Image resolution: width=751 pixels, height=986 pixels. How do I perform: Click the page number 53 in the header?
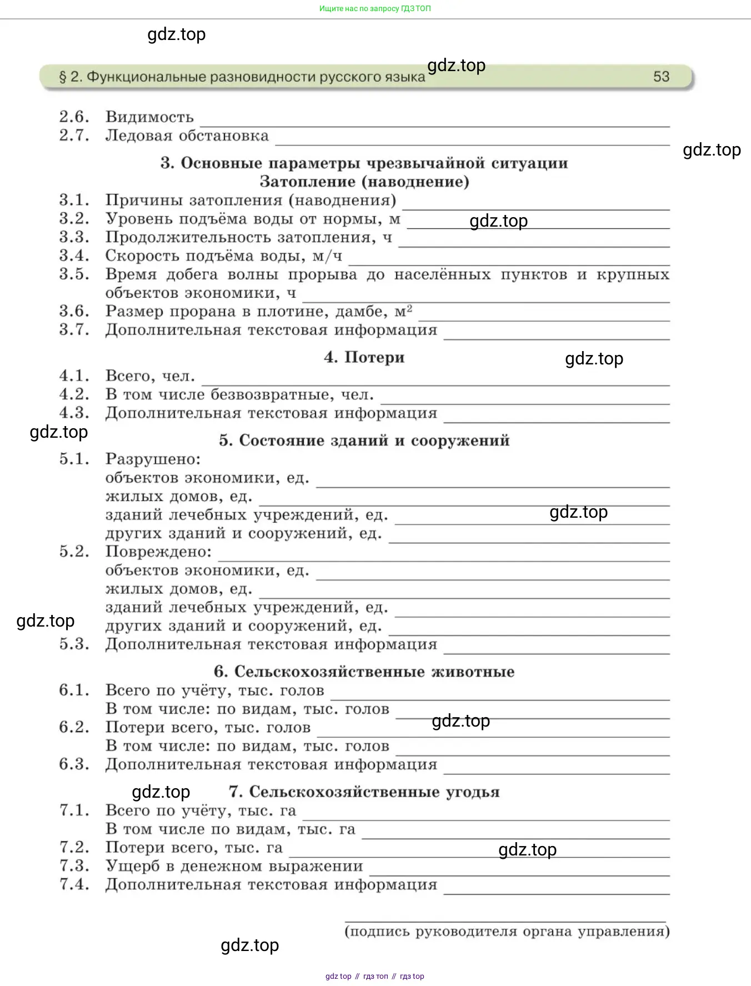(x=661, y=77)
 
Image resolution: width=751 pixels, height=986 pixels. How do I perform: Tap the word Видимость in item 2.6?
(x=149, y=117)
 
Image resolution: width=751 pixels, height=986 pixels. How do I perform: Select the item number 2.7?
(x=74, y=136)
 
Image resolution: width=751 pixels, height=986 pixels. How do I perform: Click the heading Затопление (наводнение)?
(x=364, y=182)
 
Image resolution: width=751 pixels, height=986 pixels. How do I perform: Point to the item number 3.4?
(x=74, y=256)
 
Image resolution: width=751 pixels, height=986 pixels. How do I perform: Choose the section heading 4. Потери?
(x=364, y=357)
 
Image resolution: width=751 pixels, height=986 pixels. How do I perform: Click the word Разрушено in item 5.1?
(x=152, y=459)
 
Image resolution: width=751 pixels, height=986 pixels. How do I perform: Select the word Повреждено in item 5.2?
(x=158, y=552)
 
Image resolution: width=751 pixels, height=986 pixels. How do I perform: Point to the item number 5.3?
(x=74, y=644)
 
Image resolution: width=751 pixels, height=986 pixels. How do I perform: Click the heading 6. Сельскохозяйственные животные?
(x=364, y=672)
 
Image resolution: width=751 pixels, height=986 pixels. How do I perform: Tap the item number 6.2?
(x=74, y=727)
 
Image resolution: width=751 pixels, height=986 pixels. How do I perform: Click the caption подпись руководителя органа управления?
(x=507, y=932)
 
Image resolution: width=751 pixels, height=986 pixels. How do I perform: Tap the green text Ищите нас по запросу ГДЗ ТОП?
(x=375, y=8)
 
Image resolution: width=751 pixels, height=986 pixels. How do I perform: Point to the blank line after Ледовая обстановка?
(x=472, y=144)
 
